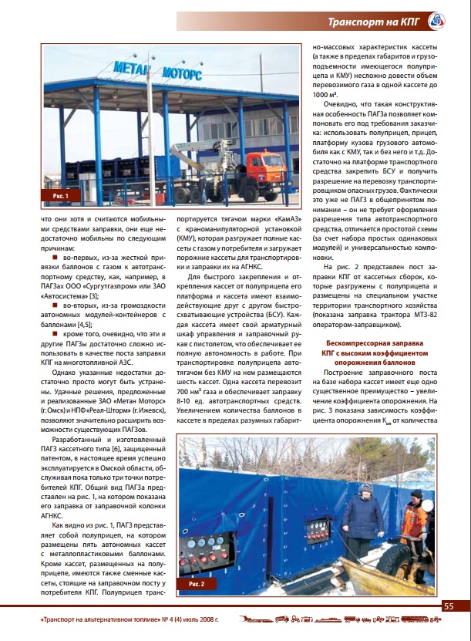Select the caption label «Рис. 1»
click(x=61, y=197)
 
